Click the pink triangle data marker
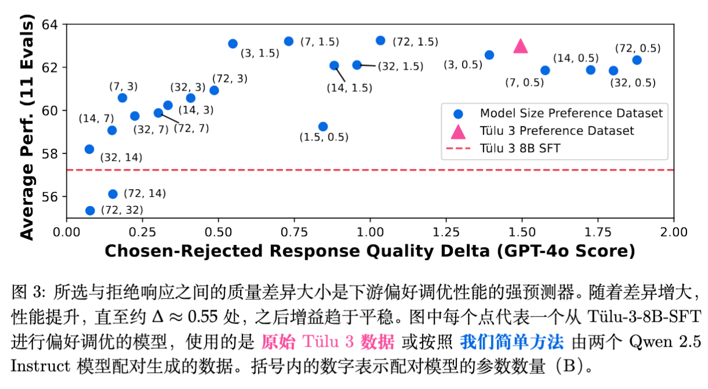520,46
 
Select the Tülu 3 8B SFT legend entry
520,149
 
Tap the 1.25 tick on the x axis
446,232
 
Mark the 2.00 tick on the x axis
673,232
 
